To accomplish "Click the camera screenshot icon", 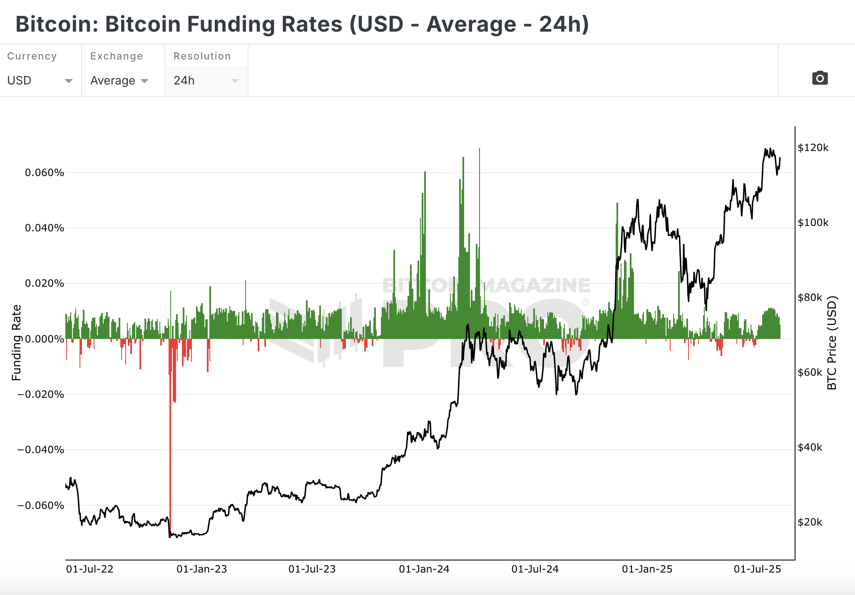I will pyautogui.click(x=820, y=78).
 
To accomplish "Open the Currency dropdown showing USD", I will pyautogui.click(x=40, y=80).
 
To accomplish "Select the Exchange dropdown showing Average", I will pyautogui.click(x=119, y=80).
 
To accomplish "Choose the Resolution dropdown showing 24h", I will pyautogui.click(x=206, y=80).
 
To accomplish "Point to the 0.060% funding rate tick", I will pyautogui.click(x=45, y=173).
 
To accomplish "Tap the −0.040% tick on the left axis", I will pyautogui.click(x=41, y=450).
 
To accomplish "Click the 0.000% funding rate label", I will pyautogui.click(x=45, y=339).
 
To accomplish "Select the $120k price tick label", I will pyautogui.click(x=813, y=148).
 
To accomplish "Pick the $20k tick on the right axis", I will pyautogui.click(x=810, y=522).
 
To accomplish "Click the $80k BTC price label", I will pyautogui.click(x=810, y=297).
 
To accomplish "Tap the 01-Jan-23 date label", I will pyautogui.click(x=202, y=569).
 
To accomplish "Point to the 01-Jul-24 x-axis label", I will pyautogui.click(x=535, y=569).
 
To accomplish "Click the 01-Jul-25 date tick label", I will pyautogui.click(x=757, y=569).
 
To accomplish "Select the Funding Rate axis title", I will pyautogui.click(x=17, y=342).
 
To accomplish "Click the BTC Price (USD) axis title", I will pyautogui.click(x=832, y=342).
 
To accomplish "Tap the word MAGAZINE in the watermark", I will pyautogui.click(x=535, y=286).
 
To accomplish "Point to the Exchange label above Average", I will pyautogui.click(x=117, y=56).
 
